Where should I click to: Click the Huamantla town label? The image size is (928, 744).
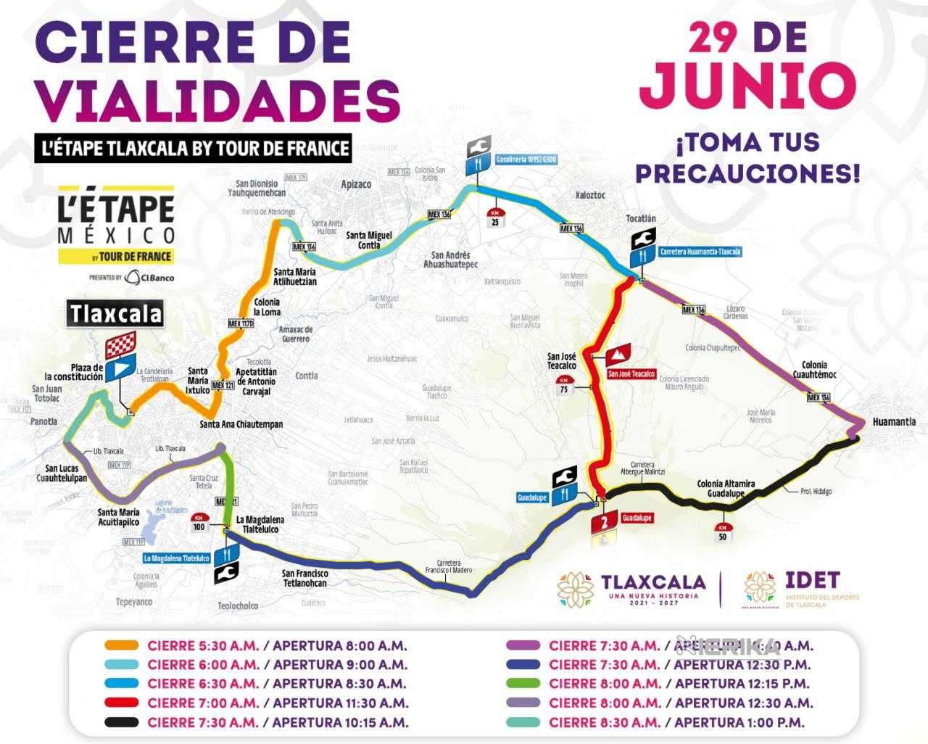(x=894, y=421)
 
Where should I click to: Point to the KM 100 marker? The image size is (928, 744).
(x=199, y=522)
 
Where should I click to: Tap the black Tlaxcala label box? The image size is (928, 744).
(x=115, y=314)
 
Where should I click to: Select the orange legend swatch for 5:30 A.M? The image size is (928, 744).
(x=122, y=645)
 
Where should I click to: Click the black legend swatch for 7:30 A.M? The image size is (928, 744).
(x=122, y=722)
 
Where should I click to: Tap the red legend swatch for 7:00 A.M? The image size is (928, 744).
(x=122, y=703)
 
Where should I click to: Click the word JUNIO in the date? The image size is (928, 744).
(x=747, y=83)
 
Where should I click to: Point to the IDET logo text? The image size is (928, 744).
(x=812, y=580)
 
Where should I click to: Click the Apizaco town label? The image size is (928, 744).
(x=356, y=184)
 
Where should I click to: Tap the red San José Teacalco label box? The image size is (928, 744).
(x=631, y=374)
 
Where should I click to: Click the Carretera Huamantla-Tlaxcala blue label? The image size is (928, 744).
(x=700, y=252)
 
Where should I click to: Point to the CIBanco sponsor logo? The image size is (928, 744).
(x=149, y=277)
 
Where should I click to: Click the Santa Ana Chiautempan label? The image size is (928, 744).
(x=241, y=424)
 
